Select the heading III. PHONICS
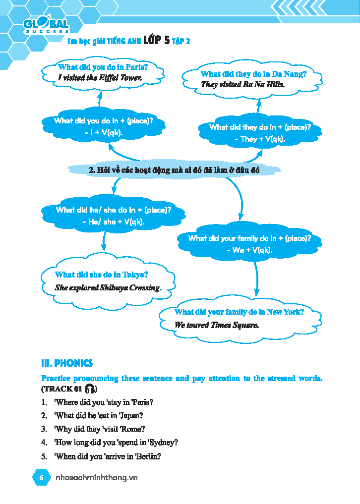(x=67, y=363)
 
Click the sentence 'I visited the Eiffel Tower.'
(x=100, y=78)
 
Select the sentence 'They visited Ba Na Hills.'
(x=242, y=84)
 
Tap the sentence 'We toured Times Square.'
(x=216, y=325)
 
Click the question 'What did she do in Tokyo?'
(x=102, y=275)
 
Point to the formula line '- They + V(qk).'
(x=260, y=139)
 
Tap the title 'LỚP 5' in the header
(x=156, y=41)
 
